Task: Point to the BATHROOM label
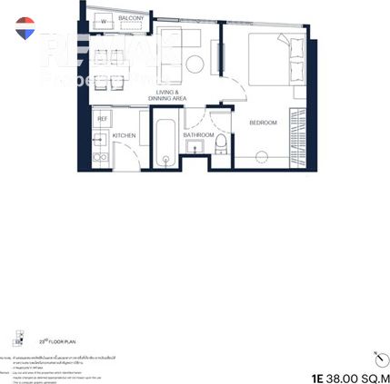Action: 197,134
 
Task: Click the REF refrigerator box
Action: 103,118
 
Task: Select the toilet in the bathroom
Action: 219,148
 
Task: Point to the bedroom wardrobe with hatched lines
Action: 295,136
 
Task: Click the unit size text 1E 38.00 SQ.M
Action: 349,373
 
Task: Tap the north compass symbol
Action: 376,356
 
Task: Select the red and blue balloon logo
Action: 24,27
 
